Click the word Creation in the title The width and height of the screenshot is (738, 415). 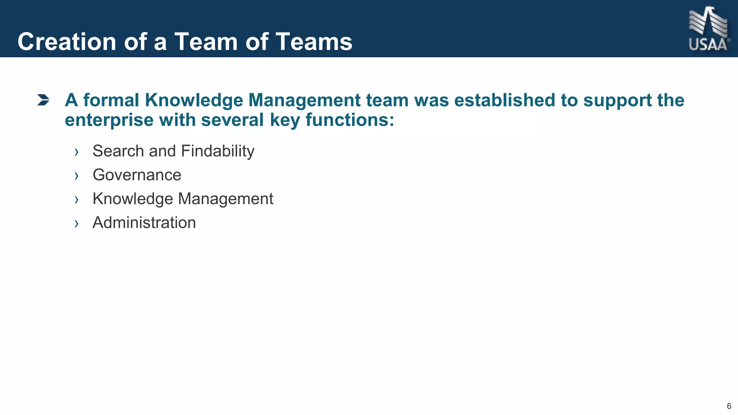[x=67, y=42]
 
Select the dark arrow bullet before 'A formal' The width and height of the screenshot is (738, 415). [x=43, y=100]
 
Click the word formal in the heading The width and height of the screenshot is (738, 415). [x=111, y=100]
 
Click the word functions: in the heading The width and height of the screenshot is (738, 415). [x=350, y=120]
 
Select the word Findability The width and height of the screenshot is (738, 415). [x=218, y=151]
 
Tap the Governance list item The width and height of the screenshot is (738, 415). [x=137, y=175]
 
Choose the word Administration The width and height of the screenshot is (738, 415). [x=144, y=223]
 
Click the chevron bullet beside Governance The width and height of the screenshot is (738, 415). [x=76, y=176]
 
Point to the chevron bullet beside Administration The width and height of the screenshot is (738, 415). [x=76, y=224]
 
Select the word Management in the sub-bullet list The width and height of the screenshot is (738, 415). [x=226, y=199]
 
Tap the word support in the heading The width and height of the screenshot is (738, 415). [x=617, y=100]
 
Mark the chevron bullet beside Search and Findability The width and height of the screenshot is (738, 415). [x=76, y=152]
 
